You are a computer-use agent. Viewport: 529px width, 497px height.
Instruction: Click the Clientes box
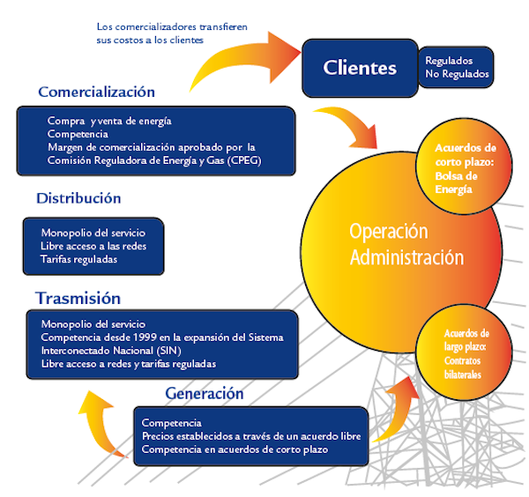tap(359, 67)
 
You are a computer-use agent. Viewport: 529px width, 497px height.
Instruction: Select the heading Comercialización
tap(96, 92)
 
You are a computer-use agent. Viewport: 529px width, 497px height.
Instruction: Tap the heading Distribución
tap(78, 198)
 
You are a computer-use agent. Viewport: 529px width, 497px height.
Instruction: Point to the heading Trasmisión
tap(78, 298)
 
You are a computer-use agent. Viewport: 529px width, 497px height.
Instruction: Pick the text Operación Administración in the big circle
tap(406, 244)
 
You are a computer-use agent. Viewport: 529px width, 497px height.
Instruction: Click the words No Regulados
tap(457, 75)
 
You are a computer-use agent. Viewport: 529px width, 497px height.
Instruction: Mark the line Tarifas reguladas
tap(79, 259)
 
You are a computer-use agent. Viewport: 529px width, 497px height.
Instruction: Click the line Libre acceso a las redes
tap(92, 246)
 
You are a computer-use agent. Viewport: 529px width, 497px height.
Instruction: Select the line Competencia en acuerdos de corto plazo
tap(235, 449)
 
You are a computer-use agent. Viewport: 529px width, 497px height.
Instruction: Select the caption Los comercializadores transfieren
tap(172, 26)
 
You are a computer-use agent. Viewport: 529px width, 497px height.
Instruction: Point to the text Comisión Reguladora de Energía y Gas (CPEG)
tap(154, 159)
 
